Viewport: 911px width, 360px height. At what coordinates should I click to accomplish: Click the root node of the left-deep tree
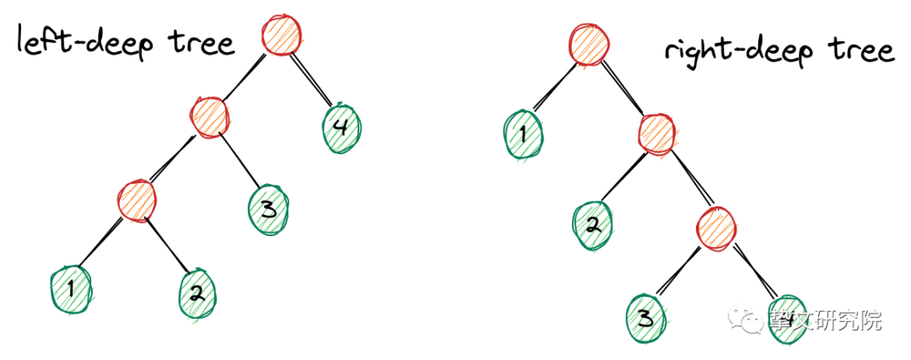(281, 35)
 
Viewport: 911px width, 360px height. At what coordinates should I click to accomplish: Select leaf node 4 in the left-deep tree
(342, 127)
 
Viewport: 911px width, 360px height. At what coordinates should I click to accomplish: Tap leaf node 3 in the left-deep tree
(269, 207)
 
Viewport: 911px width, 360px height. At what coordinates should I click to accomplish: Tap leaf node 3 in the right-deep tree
(646, 317)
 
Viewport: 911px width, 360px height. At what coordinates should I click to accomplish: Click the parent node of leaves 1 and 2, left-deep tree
(137, 200)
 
